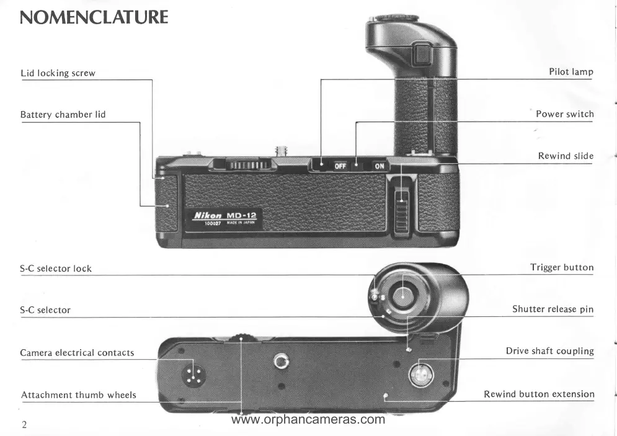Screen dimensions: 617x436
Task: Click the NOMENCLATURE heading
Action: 94,17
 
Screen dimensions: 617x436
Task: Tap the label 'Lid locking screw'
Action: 58,73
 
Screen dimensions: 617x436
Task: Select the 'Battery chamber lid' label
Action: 63,115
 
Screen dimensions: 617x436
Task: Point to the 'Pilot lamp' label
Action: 570,72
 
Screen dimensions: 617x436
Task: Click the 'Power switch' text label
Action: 564,114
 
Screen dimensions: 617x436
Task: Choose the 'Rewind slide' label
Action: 565,156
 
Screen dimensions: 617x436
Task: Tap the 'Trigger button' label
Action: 561,268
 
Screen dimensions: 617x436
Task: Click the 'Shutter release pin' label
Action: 553,309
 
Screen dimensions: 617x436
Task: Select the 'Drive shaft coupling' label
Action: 549,352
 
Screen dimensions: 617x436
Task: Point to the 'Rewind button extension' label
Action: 538,394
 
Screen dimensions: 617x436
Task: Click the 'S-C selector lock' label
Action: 56,269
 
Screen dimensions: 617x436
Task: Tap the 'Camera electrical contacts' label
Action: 77,353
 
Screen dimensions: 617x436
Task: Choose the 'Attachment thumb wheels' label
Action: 78,395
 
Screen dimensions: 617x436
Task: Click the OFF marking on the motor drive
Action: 339,166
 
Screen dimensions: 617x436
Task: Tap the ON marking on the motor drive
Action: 379,166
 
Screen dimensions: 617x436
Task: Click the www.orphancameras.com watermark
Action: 308,420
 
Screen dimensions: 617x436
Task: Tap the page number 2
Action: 24,425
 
